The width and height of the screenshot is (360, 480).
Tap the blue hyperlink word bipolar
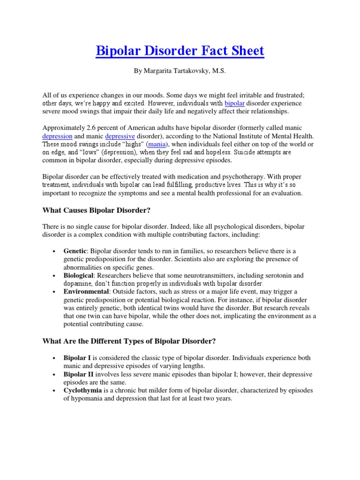(x=235, y=103)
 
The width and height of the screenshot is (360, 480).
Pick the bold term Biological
(x=79, y=275)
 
